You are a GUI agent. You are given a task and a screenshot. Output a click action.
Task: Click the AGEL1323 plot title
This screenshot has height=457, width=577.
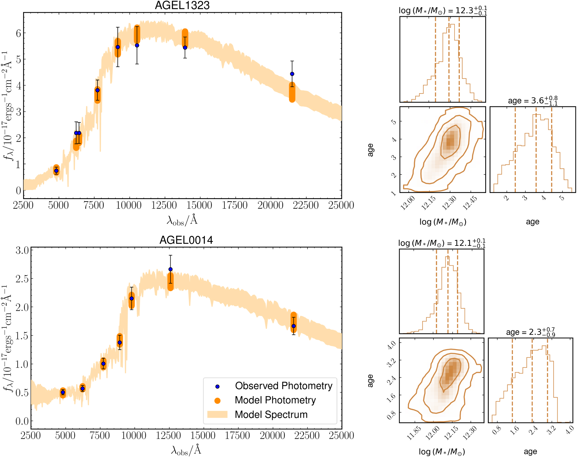[x=182, y=6]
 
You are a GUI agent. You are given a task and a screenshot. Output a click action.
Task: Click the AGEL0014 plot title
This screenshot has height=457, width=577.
[x=186, y=240]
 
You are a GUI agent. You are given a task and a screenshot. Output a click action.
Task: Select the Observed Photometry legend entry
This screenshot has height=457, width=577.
[x=283, y=386]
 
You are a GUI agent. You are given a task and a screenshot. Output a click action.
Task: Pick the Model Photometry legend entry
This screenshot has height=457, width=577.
[x=275, y=400]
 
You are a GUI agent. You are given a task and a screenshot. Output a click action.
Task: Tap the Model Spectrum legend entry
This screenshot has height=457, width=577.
[x=271, y=414]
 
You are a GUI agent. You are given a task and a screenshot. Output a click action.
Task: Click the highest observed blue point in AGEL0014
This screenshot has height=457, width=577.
[x=170, y=269]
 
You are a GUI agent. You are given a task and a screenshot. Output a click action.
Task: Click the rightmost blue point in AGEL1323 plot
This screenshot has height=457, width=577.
[x=292, y=74]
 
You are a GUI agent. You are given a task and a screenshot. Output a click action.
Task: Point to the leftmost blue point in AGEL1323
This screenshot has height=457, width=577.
[x=56, y=171]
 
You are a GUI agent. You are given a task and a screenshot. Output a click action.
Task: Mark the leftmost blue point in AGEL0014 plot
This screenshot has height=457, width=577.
[x=63, y=392]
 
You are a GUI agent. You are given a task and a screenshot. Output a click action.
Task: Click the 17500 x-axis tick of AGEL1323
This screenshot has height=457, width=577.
[x=235, y=205]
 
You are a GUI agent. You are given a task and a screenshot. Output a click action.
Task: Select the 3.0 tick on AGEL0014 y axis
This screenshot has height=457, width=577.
[x=22, y=250]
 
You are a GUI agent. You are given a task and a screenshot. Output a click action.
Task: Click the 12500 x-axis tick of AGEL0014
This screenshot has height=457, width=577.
[x=168, y=435]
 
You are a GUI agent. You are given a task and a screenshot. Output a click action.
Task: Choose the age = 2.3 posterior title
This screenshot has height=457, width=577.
[x=530, y=332]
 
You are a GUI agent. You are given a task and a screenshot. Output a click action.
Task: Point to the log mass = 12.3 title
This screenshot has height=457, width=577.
[x=442, y=11]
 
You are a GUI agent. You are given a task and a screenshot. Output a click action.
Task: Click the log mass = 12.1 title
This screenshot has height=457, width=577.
[x=442, y=243]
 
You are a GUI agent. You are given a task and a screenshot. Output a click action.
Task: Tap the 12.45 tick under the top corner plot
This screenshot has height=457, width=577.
[x=470, y=203]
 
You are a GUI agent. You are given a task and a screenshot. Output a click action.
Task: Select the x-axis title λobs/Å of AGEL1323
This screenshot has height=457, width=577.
[x=182, y=220]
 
